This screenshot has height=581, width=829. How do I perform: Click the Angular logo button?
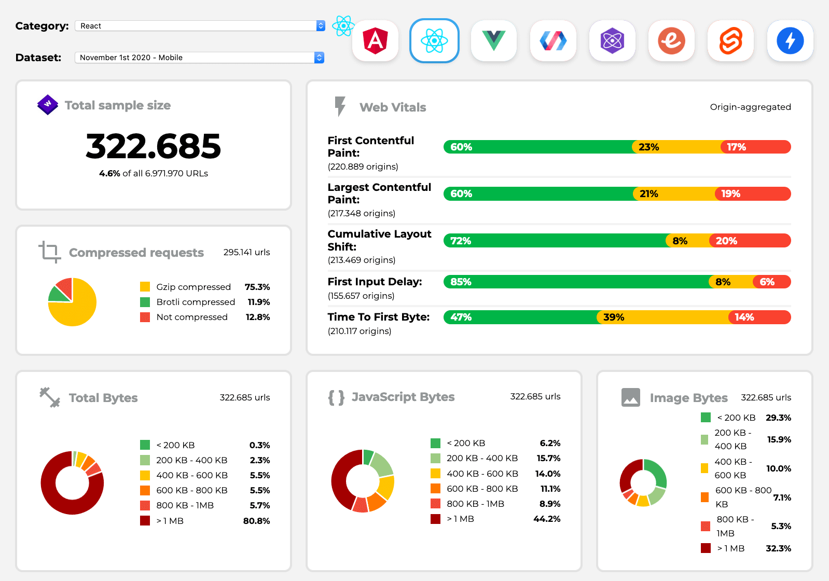pos(375,41)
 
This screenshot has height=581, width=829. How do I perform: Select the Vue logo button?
pos(493,41)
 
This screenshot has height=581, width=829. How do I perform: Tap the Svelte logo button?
pos(730,41)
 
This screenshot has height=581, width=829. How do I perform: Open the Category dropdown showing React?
pos(200,26)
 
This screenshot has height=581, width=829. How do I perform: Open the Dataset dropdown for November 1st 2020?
pos(200,58)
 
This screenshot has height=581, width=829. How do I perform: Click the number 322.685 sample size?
pos(153,146)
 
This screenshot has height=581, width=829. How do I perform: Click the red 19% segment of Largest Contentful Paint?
pos(752,194)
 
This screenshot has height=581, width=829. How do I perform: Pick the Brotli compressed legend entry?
pos(196,302)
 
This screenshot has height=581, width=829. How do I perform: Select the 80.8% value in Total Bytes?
pos(256,521)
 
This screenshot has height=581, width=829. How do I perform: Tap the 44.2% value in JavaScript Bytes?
pos(547,519)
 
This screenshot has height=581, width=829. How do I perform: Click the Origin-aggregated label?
pos(750,107)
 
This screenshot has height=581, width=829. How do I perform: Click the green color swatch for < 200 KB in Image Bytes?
pos(706,418)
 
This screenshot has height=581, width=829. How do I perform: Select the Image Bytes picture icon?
pos(630,397)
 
